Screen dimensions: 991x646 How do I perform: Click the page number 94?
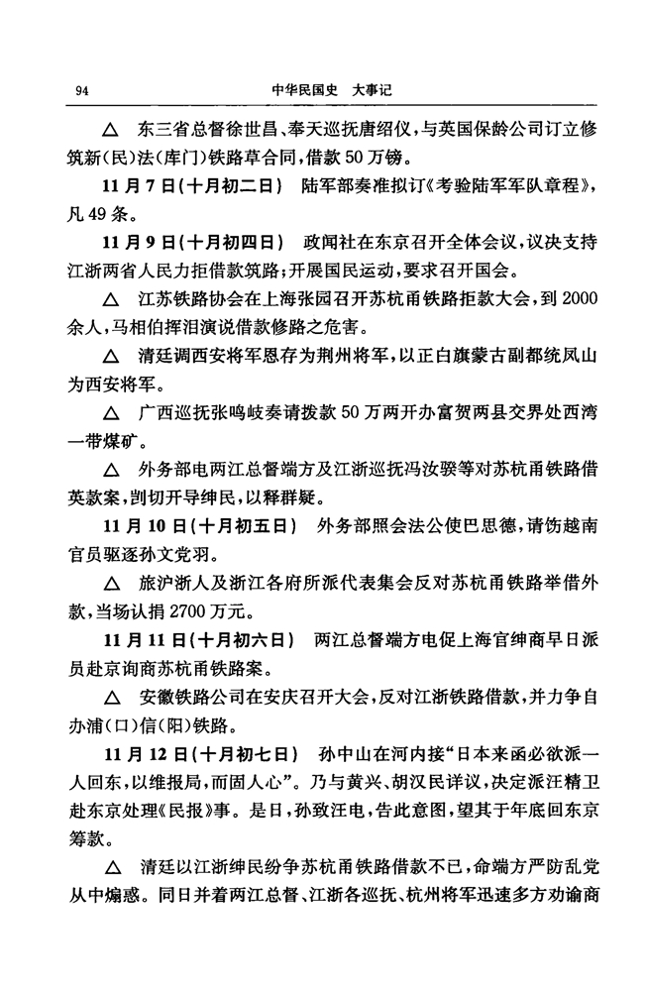click(x=83, y=91)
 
